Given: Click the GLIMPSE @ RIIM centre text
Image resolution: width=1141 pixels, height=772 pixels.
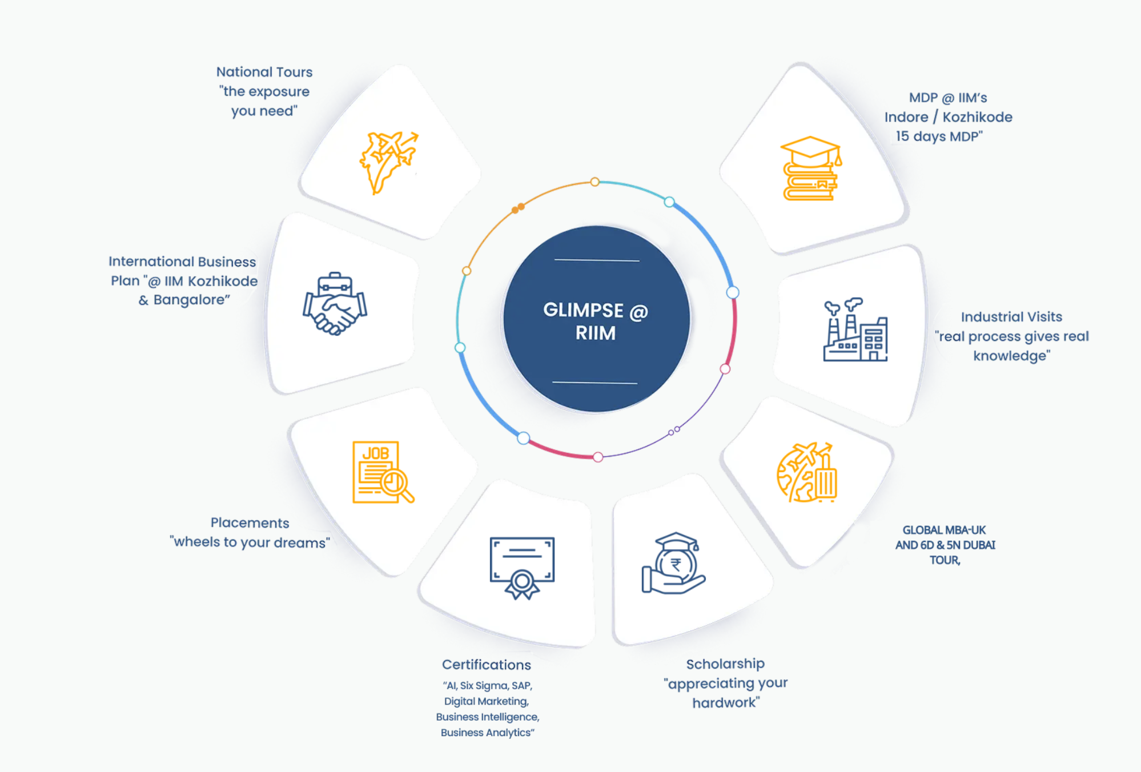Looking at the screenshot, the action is [596, 321].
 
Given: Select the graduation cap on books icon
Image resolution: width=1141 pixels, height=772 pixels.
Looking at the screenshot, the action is [811, 168].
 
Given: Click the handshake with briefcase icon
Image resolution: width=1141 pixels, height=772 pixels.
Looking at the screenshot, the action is [335, 304].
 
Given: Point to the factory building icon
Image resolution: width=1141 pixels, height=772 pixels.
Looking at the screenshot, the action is [855, 329].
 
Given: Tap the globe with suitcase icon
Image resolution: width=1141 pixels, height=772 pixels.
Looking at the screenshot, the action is [807, 472].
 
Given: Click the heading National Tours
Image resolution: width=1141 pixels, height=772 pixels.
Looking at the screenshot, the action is [264, 72].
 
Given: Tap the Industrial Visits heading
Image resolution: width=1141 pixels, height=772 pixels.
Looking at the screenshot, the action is [1011, 317].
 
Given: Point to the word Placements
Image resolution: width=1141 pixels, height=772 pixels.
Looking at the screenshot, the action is [250, 523].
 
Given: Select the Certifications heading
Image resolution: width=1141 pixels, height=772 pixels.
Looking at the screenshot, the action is [487, 665].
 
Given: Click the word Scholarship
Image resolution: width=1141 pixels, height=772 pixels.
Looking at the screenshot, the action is [725, 664].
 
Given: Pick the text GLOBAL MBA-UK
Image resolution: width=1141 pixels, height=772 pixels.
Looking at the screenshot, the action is [945, 530].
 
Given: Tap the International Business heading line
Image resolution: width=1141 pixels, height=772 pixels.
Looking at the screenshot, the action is [182, 262].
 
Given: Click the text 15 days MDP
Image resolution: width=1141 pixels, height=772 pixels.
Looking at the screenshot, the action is [939, 136].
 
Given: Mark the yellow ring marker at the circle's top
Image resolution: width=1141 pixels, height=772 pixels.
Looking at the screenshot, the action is [595, 182].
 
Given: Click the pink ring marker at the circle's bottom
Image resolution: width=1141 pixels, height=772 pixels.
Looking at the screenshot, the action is [598, 457].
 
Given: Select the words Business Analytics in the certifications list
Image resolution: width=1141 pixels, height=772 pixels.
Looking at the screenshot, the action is [487, 733].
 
